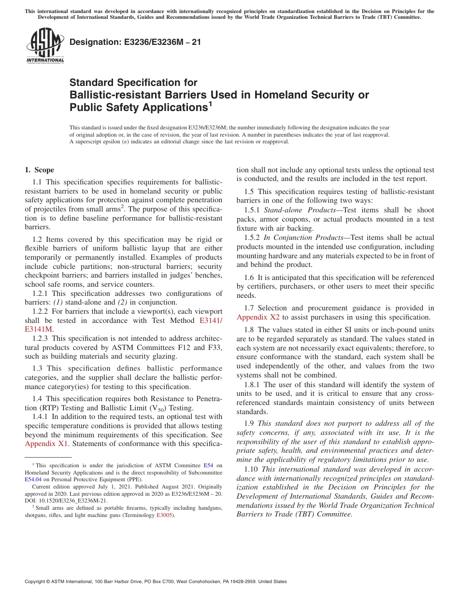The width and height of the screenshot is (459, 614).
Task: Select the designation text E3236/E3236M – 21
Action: [135, 42]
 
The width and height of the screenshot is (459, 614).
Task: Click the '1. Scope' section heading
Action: [39, 170]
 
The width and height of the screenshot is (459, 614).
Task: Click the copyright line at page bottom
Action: [156, 582]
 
